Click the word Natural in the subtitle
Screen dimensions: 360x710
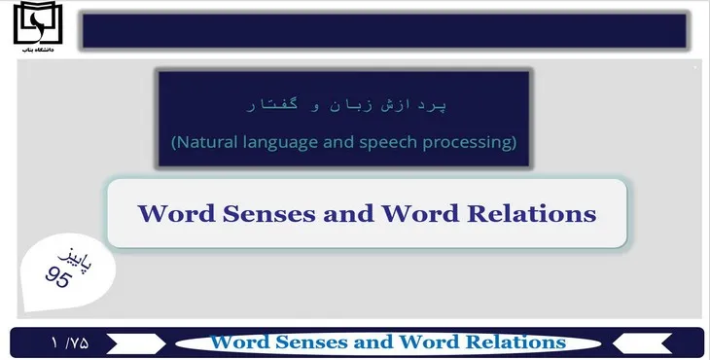click(x=206, y=142)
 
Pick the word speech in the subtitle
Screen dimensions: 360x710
click(x=395, y=143)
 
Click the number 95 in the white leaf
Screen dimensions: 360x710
click(x=59, y=276)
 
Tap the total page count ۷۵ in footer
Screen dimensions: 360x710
click(x=78, y=342)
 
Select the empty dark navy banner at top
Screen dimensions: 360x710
click(x=384, y=31)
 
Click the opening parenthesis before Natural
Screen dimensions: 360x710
click(x=174, y=143)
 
